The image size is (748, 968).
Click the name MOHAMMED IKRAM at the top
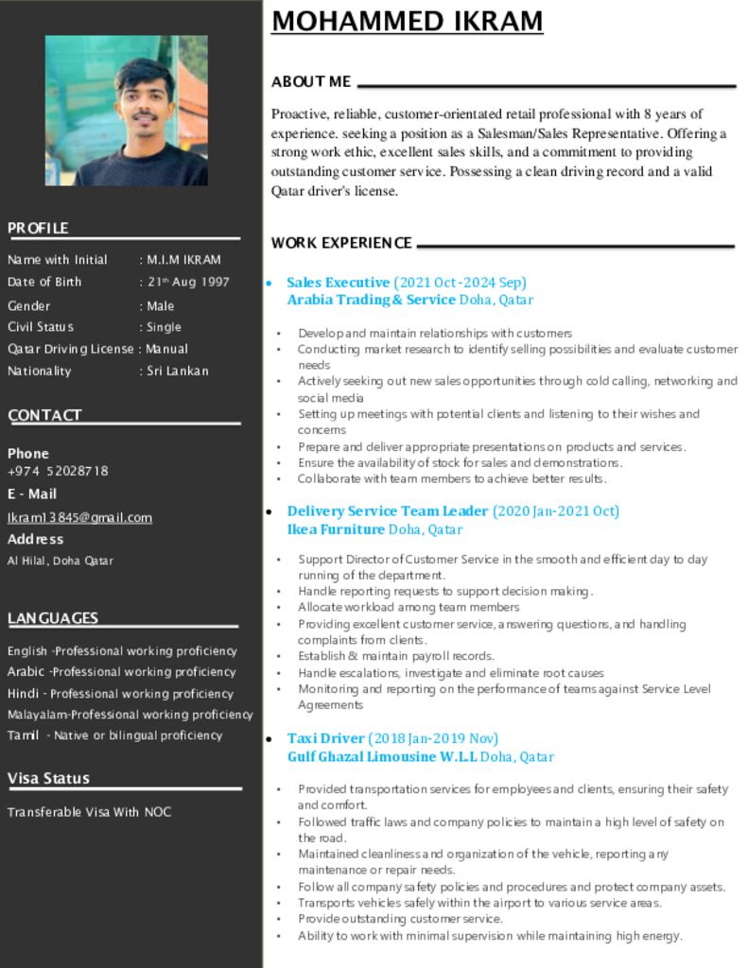[407, 21]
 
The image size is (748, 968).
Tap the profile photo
[127, 110]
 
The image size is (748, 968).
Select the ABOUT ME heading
[311, 82]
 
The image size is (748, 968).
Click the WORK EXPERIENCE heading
[341, 243]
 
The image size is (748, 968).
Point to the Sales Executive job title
[338, 282]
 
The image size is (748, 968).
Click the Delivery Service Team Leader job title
[388, 511]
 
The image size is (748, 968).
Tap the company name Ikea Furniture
[336, 529]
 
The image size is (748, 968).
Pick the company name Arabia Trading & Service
[372, 300]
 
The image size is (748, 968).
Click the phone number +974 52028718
[58, 471]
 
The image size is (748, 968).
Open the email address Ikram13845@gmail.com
[79, 517]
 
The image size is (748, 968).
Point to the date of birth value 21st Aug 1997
[187, 282]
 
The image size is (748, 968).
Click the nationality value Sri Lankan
[178, 371]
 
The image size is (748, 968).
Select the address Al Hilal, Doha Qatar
[61, 561]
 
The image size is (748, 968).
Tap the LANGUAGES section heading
[53, 618]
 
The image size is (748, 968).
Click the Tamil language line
[114, 735]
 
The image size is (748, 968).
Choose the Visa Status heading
[48, 778]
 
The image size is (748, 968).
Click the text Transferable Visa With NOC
[89, 812]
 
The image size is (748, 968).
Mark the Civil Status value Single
[164, 327]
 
